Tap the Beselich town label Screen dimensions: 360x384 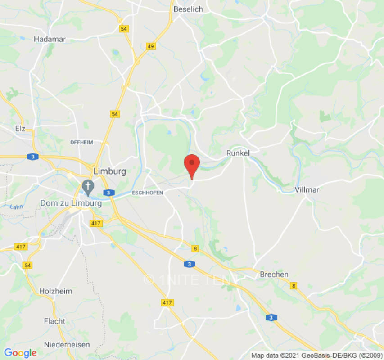[188, 9]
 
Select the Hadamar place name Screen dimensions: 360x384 [50, 39]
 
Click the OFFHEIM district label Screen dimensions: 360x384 [81, 142]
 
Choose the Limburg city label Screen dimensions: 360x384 [109, 171]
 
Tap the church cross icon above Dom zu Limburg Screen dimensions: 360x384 [87, 185]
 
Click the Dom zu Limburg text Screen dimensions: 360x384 [71, 203]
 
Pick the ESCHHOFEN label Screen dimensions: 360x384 [147, 193]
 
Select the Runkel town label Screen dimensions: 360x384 [238, 153]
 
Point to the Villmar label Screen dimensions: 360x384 [307, 189]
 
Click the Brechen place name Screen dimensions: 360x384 [274, 274]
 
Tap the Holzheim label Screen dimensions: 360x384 [55, 291]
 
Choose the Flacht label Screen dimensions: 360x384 [54, 321]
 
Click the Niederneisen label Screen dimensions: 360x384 [67, 345]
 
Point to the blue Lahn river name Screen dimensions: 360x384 [16, 207]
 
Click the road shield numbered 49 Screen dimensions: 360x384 [151, 46]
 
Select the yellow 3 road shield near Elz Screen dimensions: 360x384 [33, 157]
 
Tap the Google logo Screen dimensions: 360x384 [20, 353]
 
